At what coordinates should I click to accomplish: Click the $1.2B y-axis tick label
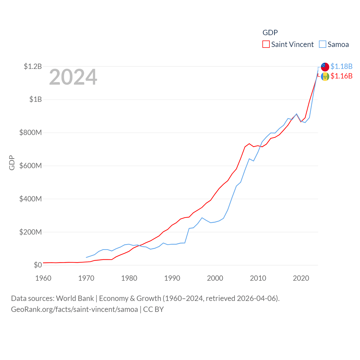(33, 66)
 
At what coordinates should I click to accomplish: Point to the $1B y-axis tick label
(35, 99)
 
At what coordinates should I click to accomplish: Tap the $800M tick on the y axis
(30, 132)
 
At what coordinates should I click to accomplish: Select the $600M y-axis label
(30, 166)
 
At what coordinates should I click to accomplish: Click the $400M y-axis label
(30, 199)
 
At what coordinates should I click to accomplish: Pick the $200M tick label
(30, 232)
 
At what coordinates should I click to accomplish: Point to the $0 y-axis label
(38, 265)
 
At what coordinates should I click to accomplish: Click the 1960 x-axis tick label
(43, 278)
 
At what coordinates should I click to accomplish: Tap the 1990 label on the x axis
(172, 278)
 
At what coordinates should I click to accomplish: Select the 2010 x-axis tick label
(258, 278)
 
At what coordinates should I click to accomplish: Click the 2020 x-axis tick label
(301, 278)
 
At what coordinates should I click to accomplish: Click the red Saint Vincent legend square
(266, 44)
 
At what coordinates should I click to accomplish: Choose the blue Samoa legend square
(323, 44)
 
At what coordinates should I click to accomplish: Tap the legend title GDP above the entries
(270, 33)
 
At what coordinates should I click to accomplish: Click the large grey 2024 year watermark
(73, 77)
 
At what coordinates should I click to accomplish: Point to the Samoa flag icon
(325, 67)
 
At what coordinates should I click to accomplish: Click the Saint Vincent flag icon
(325, 76)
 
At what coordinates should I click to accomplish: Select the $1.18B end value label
(341, 66)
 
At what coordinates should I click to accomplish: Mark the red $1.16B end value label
(341, 76)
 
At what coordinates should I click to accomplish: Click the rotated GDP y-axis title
(12, 163)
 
